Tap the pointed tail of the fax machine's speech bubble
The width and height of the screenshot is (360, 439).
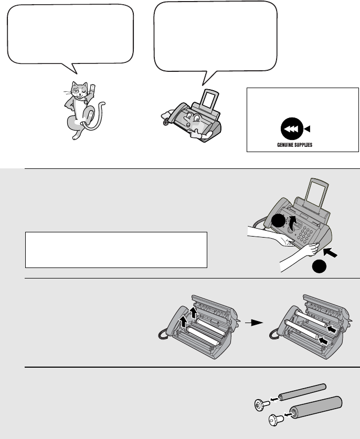pos(207,79)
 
